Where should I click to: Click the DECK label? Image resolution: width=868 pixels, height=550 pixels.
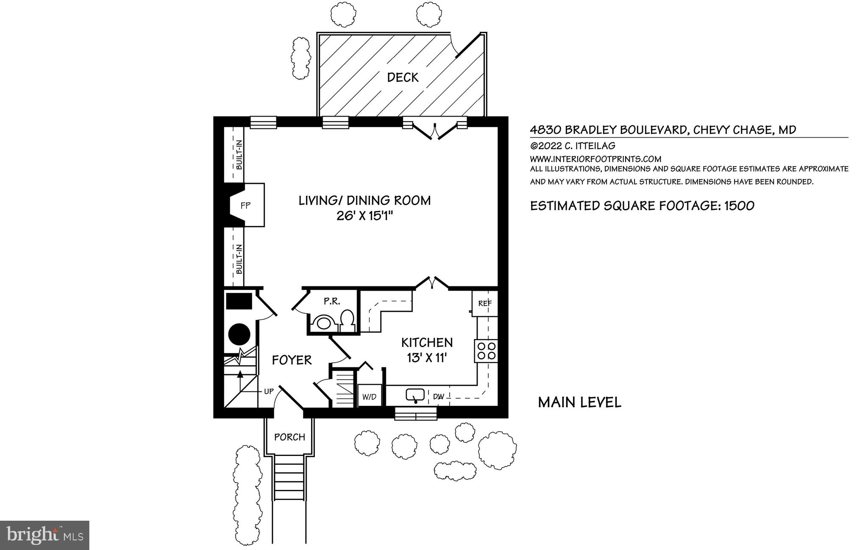403,78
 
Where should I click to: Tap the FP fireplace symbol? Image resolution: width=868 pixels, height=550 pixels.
246,206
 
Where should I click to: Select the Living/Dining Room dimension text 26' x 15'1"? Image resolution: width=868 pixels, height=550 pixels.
365,216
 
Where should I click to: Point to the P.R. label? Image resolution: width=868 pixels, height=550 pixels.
332,301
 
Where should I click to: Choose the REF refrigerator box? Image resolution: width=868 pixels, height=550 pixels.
485,303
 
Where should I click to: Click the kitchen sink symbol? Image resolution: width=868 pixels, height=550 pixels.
415,396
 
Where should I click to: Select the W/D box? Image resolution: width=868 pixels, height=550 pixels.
369,397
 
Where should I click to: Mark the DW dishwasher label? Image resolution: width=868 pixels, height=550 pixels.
439,397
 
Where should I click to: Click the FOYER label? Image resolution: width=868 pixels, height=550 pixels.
292,360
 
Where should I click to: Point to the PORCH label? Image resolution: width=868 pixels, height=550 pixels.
289,437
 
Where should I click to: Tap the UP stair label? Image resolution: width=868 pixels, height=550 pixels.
269,391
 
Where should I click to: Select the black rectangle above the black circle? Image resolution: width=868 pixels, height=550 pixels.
239,301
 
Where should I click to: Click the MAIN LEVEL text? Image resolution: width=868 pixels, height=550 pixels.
579,402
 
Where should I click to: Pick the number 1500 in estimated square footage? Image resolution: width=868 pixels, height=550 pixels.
739,206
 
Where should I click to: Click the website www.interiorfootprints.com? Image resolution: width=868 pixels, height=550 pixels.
595,159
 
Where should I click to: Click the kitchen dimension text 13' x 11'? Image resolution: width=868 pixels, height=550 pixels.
427,358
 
